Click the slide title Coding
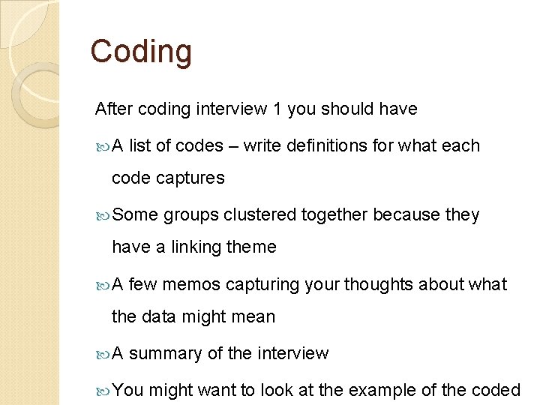(141, 52)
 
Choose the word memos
(191, 285)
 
